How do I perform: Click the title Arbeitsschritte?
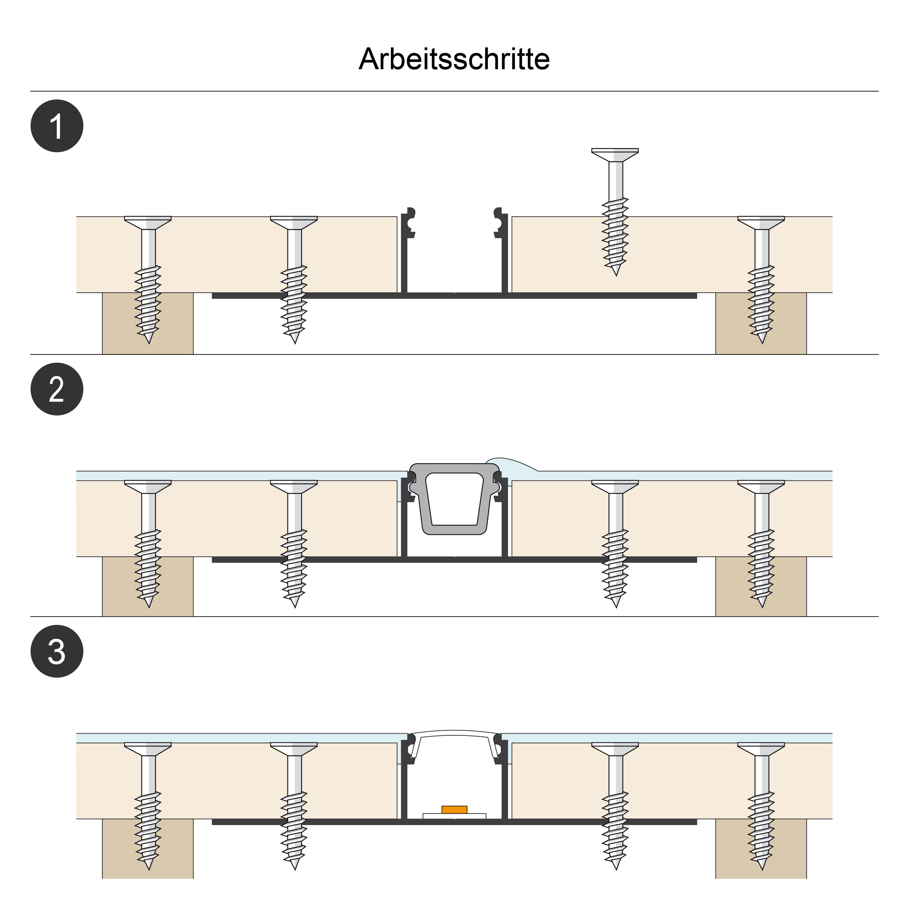pyautogui.click(x=454, y=59)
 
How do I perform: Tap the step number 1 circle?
pyautogui.click(x=57, y=126)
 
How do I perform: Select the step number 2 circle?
pyautogui.click(x=57, y=389)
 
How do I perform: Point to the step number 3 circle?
pyautogui.click(x=57, y=651)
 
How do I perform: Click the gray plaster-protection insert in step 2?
pyautogui.click(x=454, y=499)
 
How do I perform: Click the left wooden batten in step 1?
pyautogui.click(x=148, y=323)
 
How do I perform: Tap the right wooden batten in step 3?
pyautogui.click(x=761, y=848)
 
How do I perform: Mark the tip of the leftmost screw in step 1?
pyautogui.click(x=149, y=344)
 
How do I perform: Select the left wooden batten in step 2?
pyautogui.click(x=148, y=586)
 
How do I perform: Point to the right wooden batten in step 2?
pyautogui.click(x=761, y=586)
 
